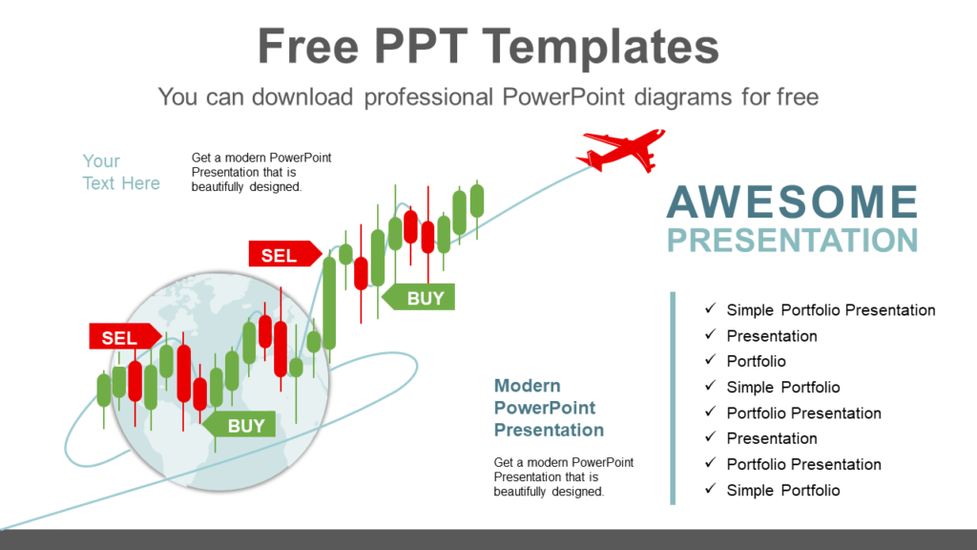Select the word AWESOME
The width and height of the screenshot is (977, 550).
pos(792,202)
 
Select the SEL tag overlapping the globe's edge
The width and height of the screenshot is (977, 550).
pos(116,337)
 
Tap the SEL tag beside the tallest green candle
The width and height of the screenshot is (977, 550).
pos(281,255)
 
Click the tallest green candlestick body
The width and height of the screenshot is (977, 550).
pos(329,303)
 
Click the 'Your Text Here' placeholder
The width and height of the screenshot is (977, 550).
pos(120,172)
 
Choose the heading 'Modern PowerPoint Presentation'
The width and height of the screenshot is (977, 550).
pos(549,408)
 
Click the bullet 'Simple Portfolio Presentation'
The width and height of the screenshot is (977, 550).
pos(830,310)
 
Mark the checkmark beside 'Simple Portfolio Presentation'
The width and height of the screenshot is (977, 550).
pos(710,309)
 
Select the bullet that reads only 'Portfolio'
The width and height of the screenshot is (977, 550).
pos(756,361)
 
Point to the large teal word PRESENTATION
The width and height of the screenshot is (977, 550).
pos(792,239)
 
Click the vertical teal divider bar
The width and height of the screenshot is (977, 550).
pos(673,397)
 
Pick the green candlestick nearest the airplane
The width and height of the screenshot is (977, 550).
pos(477,201)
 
